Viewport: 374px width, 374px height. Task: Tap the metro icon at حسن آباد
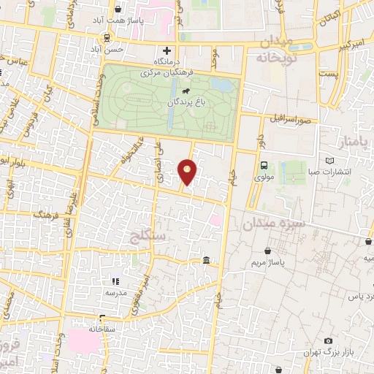107,38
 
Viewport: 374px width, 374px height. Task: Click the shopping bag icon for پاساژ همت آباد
118,9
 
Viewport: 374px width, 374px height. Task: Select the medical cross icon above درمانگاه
167,50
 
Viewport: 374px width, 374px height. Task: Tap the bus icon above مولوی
263,165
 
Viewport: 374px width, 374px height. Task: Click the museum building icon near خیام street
207,261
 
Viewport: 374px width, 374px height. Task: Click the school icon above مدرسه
114,280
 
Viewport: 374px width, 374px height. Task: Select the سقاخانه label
102,329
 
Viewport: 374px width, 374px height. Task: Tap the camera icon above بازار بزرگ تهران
328,341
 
